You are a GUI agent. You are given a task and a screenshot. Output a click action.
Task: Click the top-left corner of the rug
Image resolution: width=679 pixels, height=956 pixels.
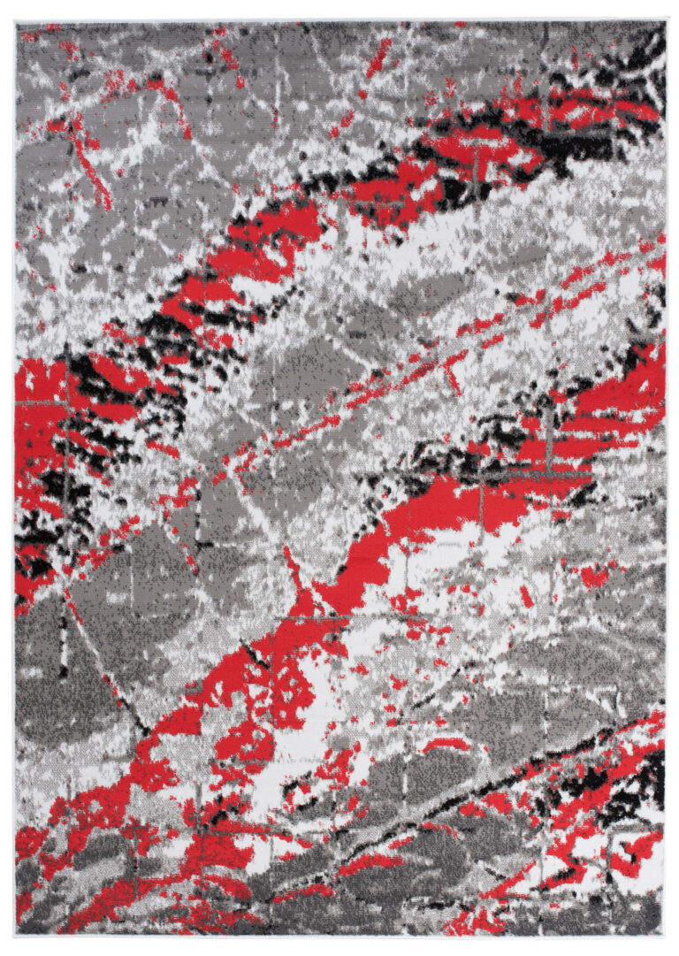[16, 22]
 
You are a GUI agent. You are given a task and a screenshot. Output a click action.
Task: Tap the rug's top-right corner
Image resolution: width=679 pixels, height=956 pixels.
[666, 21]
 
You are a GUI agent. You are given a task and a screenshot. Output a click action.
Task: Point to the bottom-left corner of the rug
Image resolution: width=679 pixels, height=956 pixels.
[15, 936]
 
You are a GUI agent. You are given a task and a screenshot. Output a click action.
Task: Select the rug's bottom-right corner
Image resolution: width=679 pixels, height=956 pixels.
[665, 936]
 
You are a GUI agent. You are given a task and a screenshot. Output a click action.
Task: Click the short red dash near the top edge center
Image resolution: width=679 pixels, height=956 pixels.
[378, 57]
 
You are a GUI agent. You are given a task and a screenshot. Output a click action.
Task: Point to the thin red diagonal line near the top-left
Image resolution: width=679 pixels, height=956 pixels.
[93, 168]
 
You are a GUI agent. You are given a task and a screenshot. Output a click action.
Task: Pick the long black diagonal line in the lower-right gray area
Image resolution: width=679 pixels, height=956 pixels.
[495, 778]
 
